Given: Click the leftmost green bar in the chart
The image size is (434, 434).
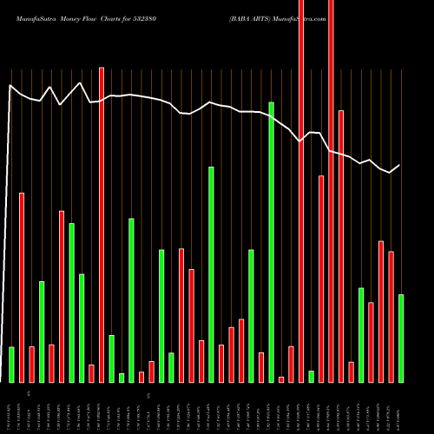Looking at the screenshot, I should (11, 365).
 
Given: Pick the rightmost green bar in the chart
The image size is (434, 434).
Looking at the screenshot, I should (401, 339).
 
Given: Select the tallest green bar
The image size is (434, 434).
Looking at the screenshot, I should (271, 242).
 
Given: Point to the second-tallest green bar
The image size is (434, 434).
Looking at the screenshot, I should (211, 274).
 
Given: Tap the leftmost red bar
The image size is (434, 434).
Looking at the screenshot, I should (22, 287).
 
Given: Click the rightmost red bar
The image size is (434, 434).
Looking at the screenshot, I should (391, 317).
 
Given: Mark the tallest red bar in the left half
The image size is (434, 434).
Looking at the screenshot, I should (102, 225).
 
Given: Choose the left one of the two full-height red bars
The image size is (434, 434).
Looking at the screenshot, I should (301, 191).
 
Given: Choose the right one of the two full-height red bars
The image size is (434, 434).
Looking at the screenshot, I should (331, 191).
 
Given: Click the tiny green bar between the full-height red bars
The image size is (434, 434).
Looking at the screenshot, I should (311, 377).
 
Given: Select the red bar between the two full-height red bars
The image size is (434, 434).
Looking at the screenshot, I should (321, 279).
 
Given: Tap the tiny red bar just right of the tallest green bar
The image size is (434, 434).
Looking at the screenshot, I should (281, 379).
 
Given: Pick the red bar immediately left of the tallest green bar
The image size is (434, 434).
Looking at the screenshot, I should (261, 367).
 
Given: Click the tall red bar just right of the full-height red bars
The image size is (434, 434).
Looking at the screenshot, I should (341, 247).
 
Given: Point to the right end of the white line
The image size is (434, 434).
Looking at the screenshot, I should (400, 165).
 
